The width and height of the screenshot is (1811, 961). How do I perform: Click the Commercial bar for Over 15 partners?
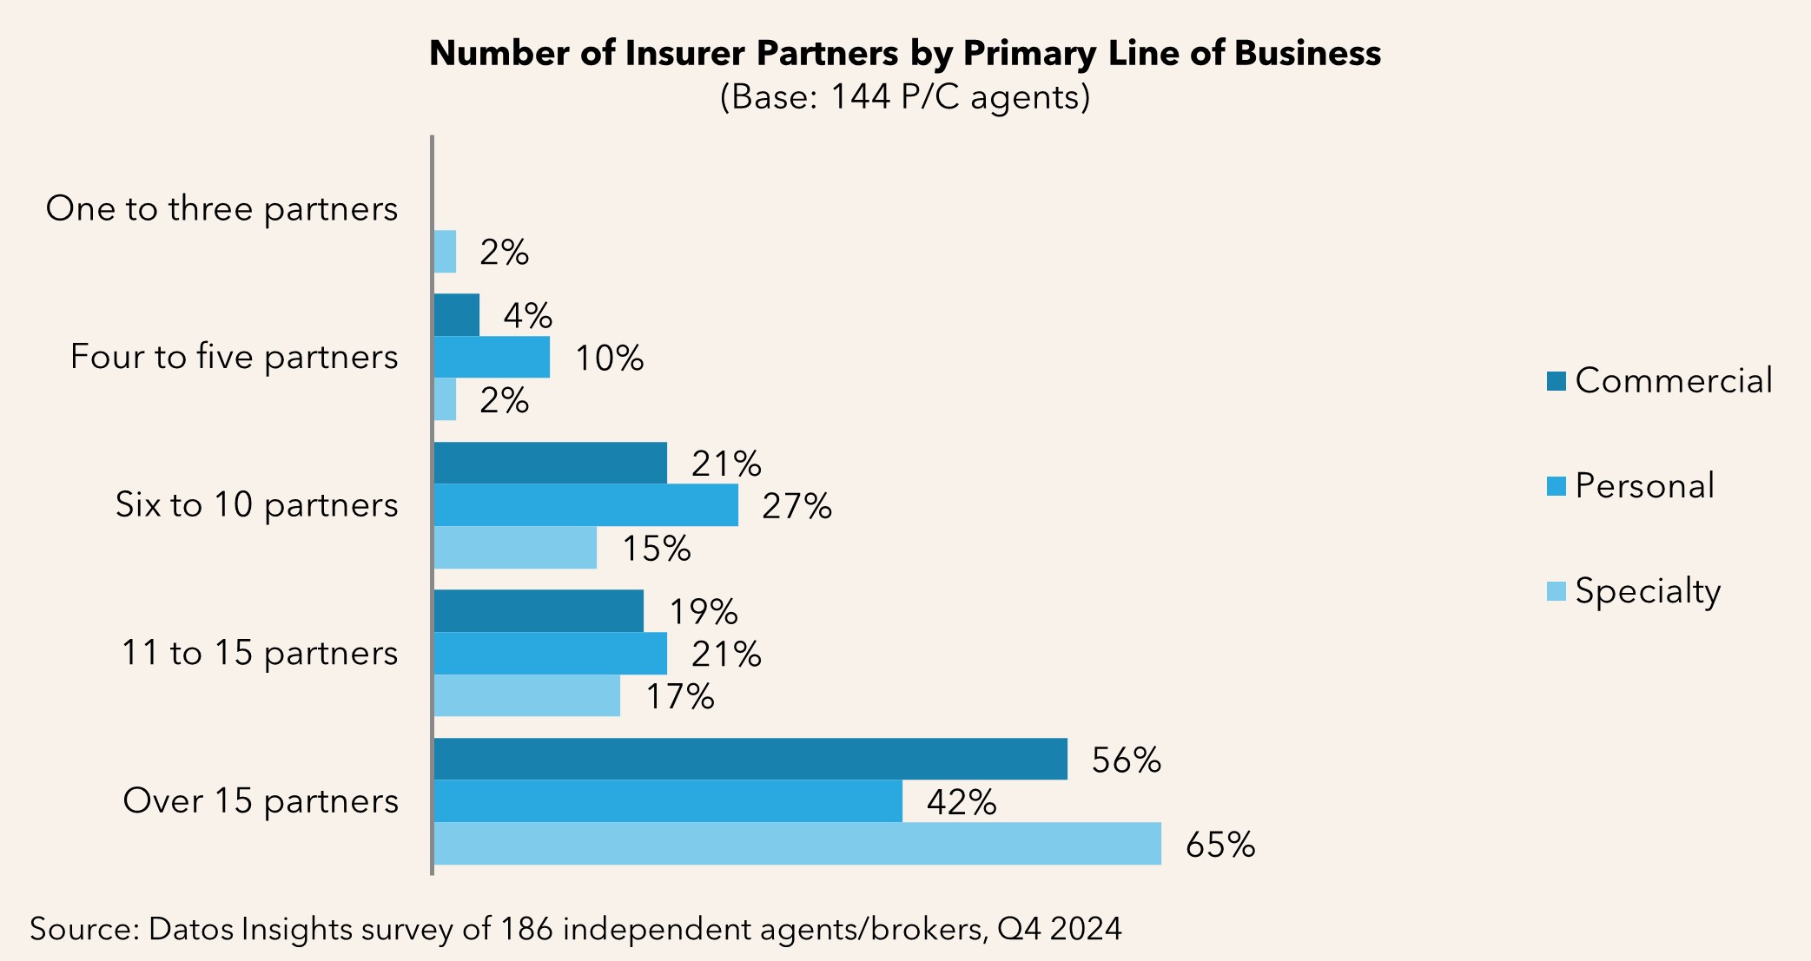tap(750, 759)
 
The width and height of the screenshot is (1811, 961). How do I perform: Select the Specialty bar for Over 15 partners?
tap(796, 844)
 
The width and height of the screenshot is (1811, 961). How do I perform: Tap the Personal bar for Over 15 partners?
tap(667, 801)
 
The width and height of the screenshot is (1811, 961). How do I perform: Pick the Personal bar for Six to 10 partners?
tap(585, 505)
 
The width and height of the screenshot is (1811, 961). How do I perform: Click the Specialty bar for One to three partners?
tap(445, 252)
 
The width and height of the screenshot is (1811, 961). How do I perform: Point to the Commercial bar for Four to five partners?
tap(456, 314)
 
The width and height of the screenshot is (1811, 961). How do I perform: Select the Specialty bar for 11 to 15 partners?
tap(526, 695)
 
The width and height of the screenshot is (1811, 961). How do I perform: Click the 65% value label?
tap(1219, 845)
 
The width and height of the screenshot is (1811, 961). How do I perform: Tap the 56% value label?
tap(1126, 760)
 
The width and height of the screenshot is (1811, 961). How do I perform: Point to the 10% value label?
tap(609, 358)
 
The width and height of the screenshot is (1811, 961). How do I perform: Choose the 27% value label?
tap(796, 506)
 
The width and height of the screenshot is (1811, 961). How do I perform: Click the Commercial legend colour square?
tap(1556, 381)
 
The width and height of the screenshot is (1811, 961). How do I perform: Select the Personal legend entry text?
tap(1644, 486)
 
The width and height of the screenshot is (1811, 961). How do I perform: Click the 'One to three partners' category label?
tap(221, 209)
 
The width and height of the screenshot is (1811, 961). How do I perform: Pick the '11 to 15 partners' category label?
tap(259, 653)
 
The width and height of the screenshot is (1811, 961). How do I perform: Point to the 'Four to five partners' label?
tap(234, 357)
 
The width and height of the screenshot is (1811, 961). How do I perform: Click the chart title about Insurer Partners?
tap(904, 53)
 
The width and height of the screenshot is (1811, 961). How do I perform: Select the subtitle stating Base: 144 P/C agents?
tap(904, 97)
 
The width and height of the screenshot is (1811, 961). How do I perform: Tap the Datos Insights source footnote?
tap(575, 929)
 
